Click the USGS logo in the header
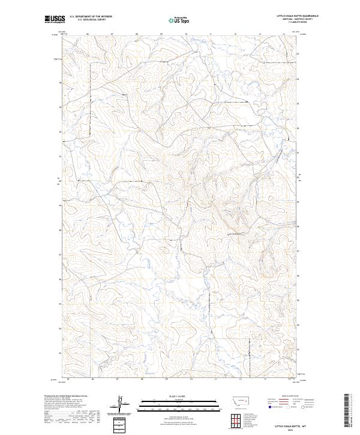(x=52, y=20)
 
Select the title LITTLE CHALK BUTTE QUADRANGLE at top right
(x=298, y=16)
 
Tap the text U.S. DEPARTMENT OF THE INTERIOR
(x=91, y=16)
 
